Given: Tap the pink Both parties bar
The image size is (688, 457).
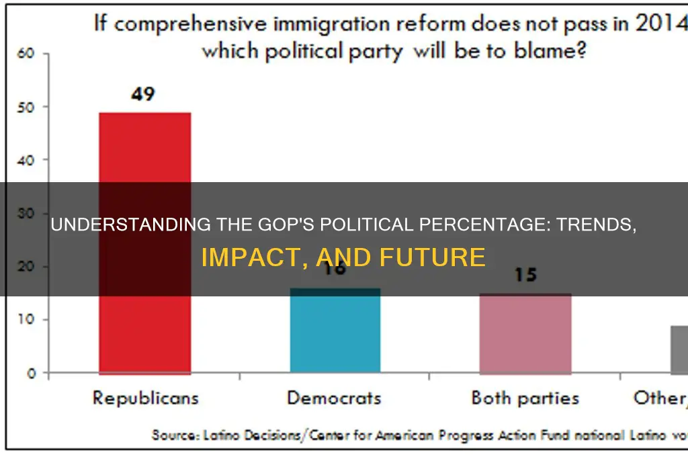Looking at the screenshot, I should [525, 333].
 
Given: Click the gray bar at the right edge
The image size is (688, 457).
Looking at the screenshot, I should [679, 349].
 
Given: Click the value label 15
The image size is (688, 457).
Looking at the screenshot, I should [525, 276].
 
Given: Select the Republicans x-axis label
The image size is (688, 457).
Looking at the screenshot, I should [145, 398].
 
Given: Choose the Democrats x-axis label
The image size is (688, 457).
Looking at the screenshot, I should [334, 398].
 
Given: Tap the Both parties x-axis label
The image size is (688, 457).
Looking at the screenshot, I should [525, 398].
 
